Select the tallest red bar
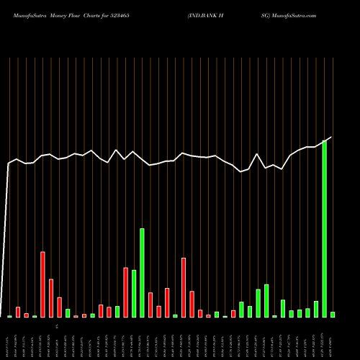[42, 284]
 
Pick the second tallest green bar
[142, 273]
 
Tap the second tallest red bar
[184, 287]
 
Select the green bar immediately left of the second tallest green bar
[134, 294]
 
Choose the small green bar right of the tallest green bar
[333, 315]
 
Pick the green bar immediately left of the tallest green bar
[316, 309]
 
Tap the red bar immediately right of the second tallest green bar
[150, 305]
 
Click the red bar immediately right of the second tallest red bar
[192, 304]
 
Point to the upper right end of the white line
[332, 137]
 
